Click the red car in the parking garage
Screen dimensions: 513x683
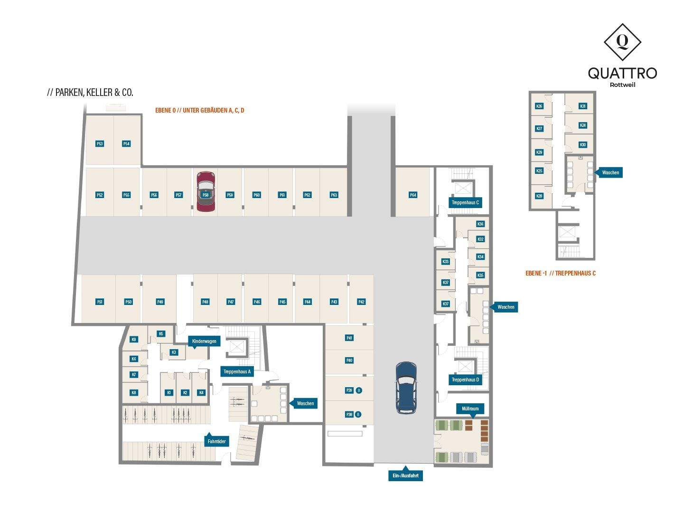point(206,191)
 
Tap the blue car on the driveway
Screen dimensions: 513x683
point(406,387)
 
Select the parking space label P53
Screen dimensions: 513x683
point(100,143)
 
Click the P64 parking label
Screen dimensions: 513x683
point(413,195)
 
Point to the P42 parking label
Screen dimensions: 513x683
point(362,302)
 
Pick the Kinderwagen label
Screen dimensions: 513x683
point(205,341)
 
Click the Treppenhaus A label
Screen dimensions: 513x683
point(237,371)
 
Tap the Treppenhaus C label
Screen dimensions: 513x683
point(465,202)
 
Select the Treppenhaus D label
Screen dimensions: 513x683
point(465,380)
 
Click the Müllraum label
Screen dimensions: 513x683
point(470,408)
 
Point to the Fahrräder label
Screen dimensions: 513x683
point(216,441)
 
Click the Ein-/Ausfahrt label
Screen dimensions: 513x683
point(405,475)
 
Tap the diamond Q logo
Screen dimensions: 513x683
point(622,42)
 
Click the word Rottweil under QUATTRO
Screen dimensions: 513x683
point(622,85)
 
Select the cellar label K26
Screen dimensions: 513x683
point(539,106)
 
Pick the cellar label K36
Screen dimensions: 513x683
point(480,224)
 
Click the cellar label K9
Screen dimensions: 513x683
point(134,339)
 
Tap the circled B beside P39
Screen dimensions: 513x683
point(359,390)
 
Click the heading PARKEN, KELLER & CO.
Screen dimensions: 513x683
point(90,93)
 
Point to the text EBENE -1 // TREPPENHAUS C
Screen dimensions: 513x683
point(560,273)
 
